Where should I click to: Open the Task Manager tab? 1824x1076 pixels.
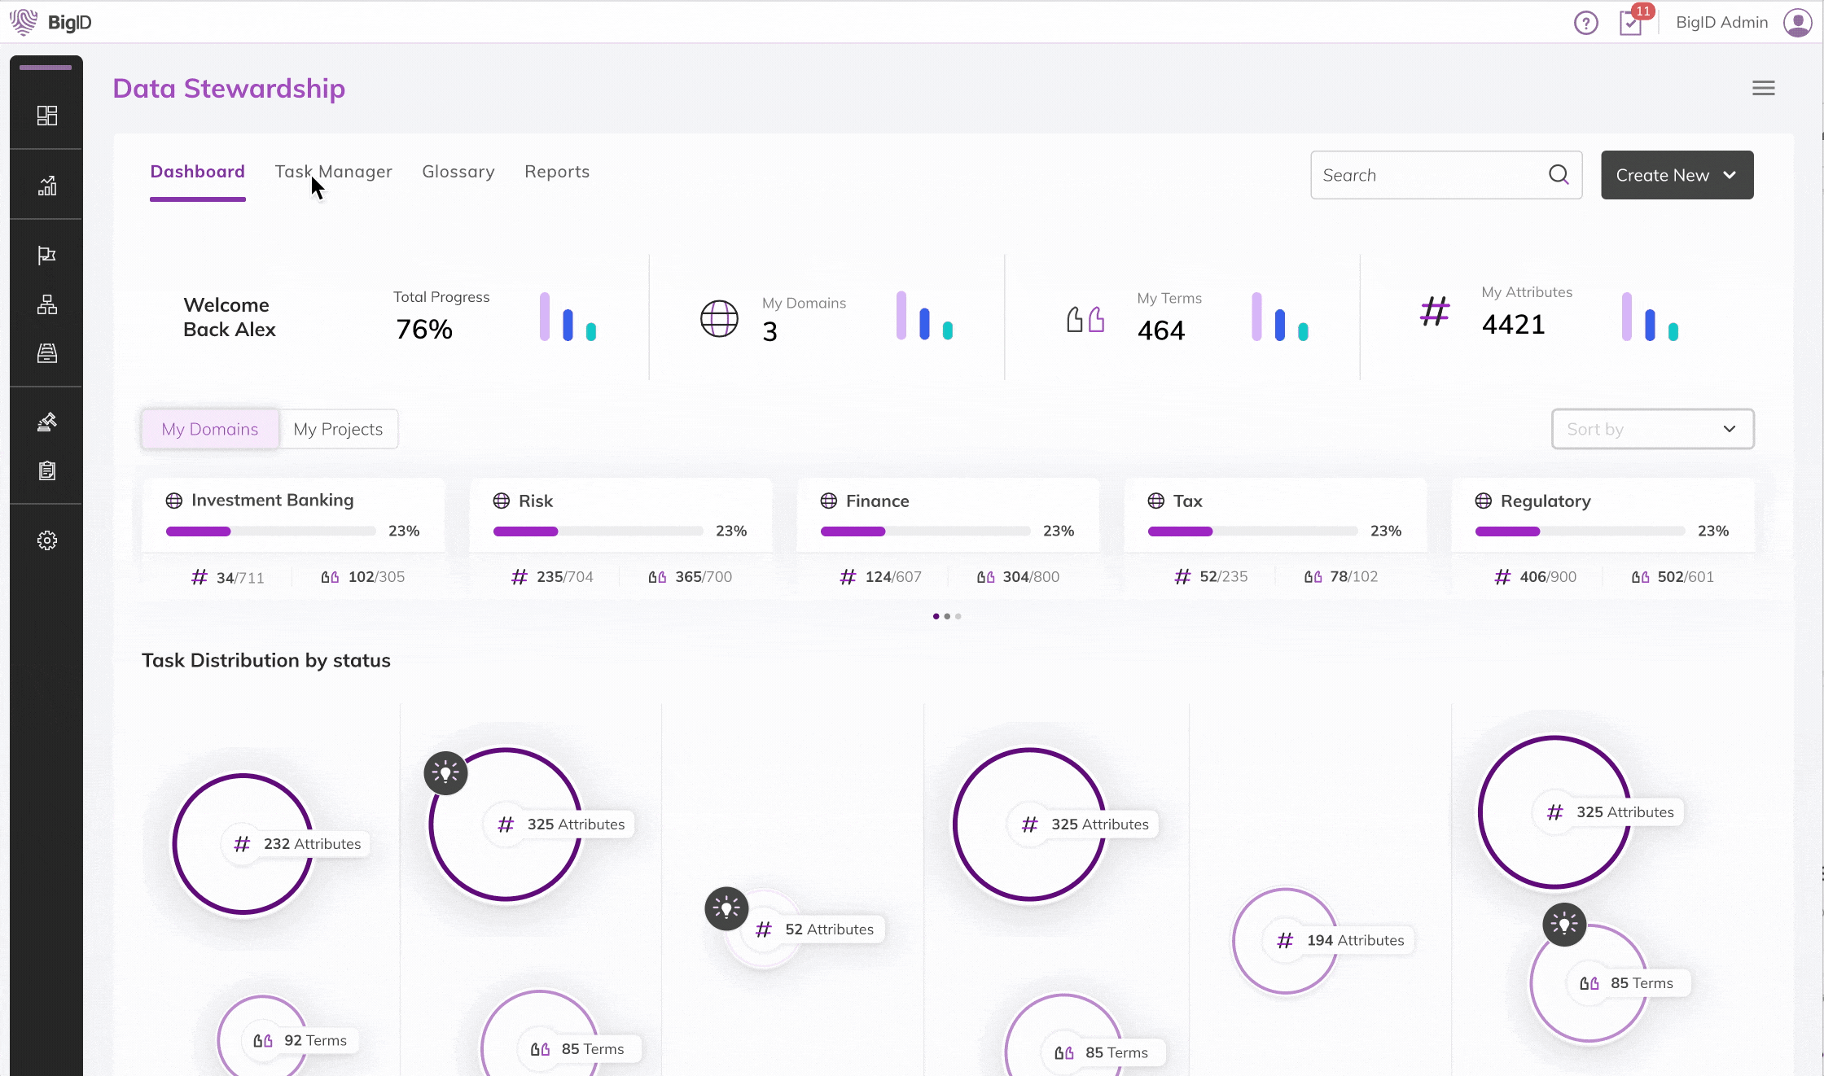pyautogui.click(x=333, y=172)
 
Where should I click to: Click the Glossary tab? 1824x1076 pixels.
pyautogui.click(x=458, y=172)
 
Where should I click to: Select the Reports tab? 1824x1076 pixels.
pyautogui.click(x=557, y=172)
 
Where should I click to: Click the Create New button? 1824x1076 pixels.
pyautogui.click(x=1676, y=175)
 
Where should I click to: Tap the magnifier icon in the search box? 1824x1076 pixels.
pyautogui.click(x=1559, y=175)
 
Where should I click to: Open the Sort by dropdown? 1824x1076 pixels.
pyautogui.click(x=1652, y=429)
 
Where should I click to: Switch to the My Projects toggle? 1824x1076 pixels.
pyautogui.click(x=338, y=429)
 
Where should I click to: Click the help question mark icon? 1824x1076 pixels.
pyautogui.click(x=1585, y=23)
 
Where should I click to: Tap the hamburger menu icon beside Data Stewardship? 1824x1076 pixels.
pyautogui.click(x=1763, y=88)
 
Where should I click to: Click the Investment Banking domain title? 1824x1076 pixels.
pyautogui.click(x=272, y=500)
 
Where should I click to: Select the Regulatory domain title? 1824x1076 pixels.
pyautogui.click(x=1545, y=501)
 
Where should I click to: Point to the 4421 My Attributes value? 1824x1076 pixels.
pyautogui.click(x=1513, y=325)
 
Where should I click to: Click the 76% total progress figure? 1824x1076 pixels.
pyautogui.click(x=423, y=330)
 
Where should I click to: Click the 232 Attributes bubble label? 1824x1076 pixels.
pyautogui.click(x=311, y=844)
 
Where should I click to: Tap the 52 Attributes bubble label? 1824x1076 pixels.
pyautogui.click(x=828, y=929)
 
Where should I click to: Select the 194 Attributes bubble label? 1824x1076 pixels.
pyautogui.click(x=1354, y=941)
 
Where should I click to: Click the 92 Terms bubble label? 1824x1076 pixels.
pyautogui.click(x=314, y=1041)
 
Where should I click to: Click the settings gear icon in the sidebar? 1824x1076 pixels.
pyautogui.click(x=47, y=540)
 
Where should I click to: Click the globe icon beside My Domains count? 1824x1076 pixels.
pyautogui.click(x=719, y=318)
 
